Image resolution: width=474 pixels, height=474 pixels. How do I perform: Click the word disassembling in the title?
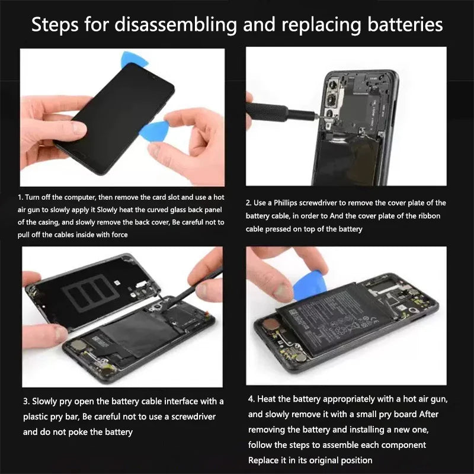[176, 24]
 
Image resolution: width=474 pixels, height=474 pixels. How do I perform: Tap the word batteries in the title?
[405, 24]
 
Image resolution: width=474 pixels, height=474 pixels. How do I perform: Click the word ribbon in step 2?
[428, 216]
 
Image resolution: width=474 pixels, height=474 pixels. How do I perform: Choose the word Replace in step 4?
[264, 460]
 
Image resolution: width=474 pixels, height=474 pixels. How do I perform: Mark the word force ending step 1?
[120, 235]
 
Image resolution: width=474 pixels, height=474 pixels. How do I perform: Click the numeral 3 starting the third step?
[25, 402]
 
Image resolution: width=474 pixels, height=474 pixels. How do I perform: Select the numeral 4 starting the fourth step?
[251, 399]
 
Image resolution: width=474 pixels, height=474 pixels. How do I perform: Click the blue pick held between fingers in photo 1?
[153, 131]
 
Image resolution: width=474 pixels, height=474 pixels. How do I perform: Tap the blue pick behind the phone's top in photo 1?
[134, 59]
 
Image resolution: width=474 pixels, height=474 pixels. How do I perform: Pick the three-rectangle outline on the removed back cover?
[91, 293]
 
